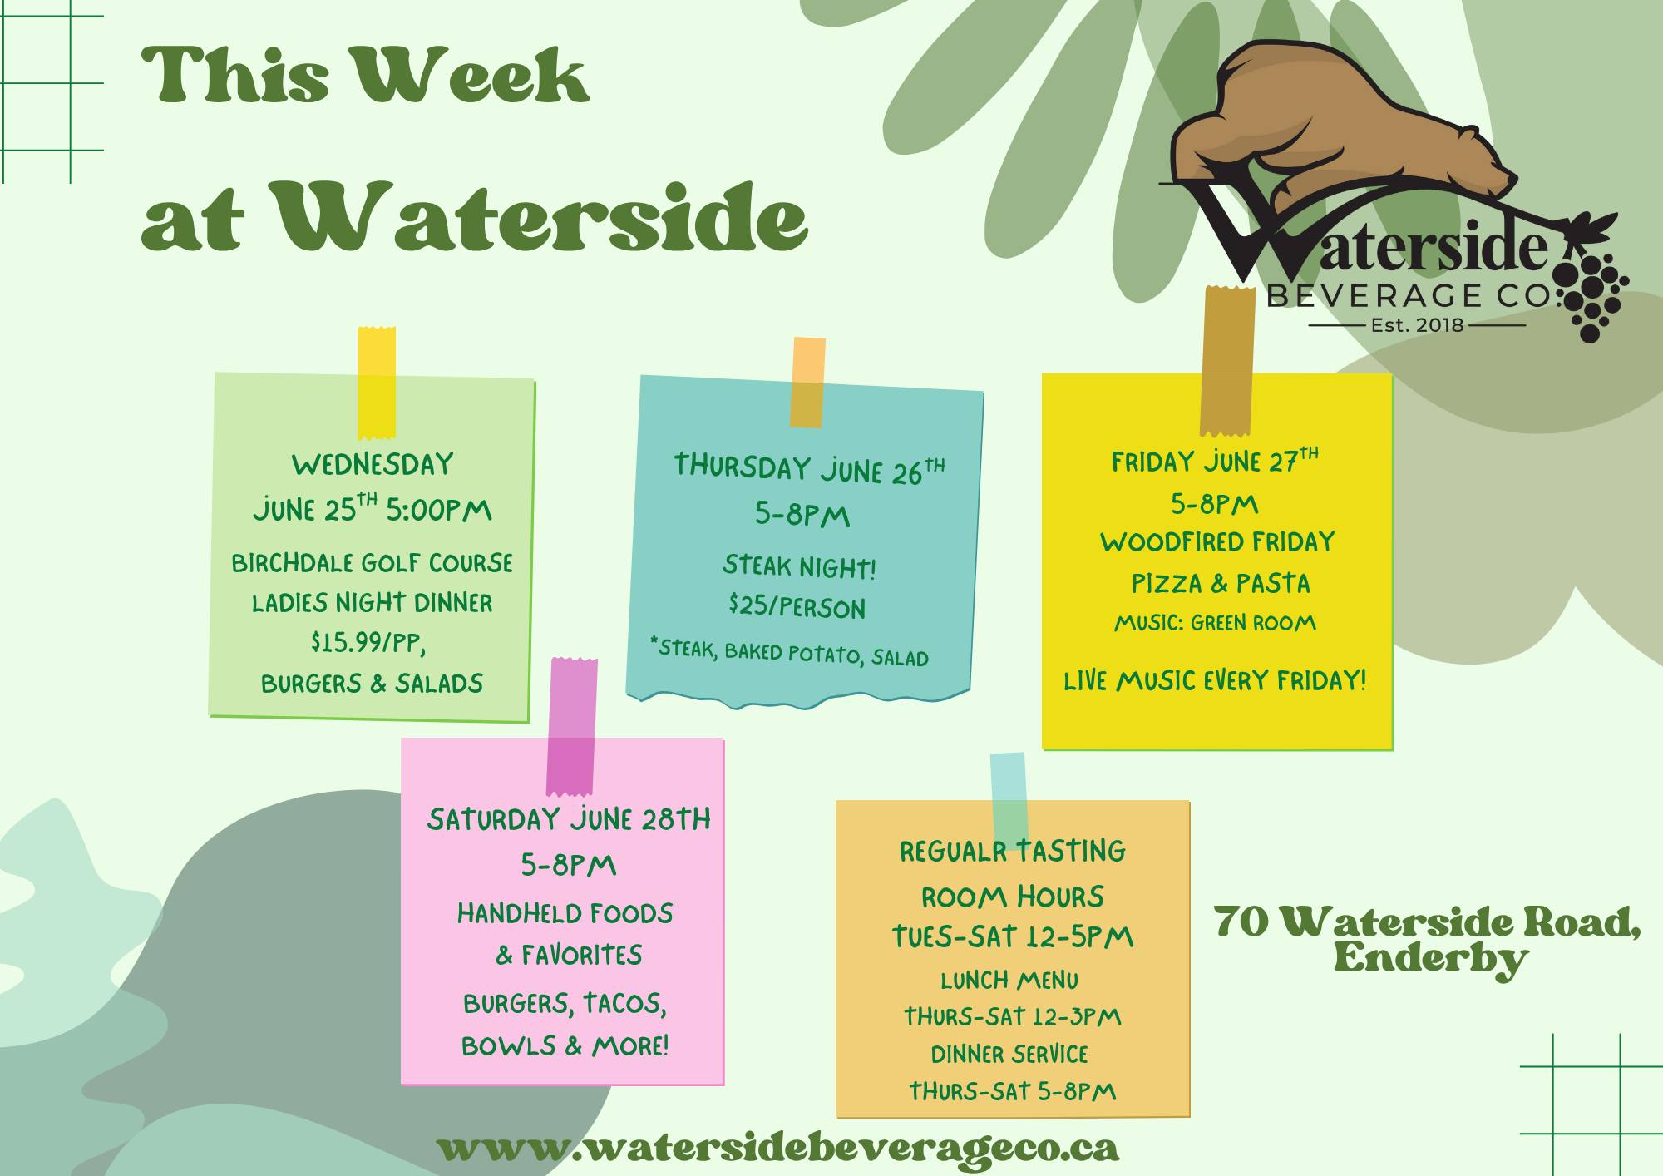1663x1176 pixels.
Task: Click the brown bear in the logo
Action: coord(1339,125)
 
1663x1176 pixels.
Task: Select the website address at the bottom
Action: coord(777,1148)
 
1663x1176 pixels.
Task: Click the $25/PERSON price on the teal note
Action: coord(797,606)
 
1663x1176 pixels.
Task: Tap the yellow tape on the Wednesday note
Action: coord(376,383)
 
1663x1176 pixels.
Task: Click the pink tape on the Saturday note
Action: coord(571,725)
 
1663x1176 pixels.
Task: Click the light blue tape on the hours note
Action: coord(1009,797)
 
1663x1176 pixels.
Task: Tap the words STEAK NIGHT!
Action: coord(799,567)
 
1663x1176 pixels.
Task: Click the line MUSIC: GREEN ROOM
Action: coord(1215,623)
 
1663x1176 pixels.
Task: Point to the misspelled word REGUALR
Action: coord(954,852)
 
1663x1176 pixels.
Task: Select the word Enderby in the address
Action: coord(1431,960)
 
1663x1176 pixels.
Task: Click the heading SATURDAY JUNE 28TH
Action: coord(569,820)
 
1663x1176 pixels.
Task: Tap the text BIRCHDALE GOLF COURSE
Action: coord(372,564)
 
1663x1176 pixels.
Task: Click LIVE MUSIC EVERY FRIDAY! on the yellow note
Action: coord(1215,681)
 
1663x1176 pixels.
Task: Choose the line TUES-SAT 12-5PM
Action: coord(1013,937)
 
